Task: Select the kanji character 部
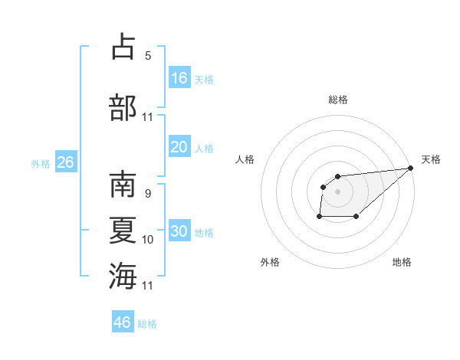123,106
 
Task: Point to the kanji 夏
123,230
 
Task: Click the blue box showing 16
179,78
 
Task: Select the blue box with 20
179,147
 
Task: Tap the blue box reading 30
179,232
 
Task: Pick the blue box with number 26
65,162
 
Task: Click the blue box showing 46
123,322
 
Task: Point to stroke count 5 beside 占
148,55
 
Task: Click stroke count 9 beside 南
148,194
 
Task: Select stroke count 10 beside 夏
148,240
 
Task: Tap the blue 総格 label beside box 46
147,324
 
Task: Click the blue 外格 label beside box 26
41,164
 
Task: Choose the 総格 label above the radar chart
337,100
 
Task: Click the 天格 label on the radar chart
431,159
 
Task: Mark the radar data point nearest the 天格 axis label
410,168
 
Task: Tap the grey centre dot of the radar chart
337,191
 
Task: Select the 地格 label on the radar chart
402,262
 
